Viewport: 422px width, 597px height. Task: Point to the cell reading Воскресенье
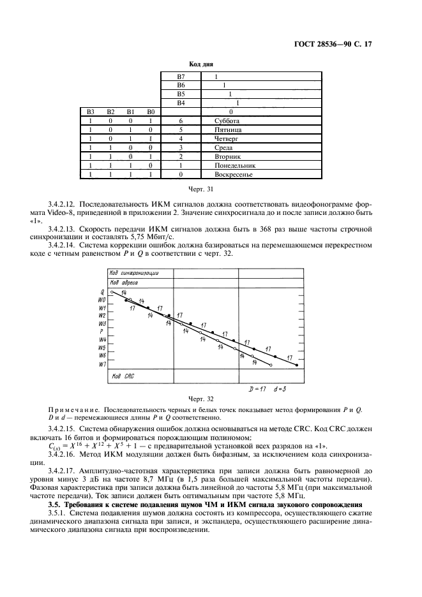coord(234,173)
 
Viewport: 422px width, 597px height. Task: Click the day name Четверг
coord(229,138)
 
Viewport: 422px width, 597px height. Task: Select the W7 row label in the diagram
coord(102,364)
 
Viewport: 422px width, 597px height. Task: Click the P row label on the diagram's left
coord(102,332)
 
